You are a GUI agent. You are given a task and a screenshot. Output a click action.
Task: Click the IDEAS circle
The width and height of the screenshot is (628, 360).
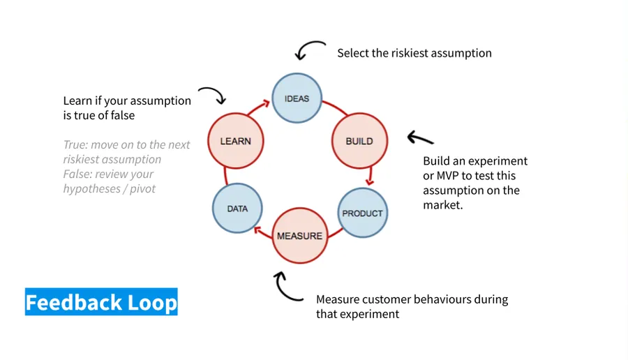tap(297, 98)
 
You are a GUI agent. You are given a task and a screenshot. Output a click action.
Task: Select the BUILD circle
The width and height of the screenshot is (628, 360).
tap(359, 141)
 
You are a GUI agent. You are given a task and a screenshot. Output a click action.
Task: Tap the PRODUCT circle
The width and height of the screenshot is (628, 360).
tap(363, 213)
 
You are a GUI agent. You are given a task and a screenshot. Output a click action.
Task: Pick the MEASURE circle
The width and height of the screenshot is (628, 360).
tap(300, 235)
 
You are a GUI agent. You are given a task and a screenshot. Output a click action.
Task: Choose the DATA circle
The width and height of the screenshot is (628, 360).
tap(237, 208)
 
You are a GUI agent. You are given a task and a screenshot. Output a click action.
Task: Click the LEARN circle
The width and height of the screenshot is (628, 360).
tap(236, 141)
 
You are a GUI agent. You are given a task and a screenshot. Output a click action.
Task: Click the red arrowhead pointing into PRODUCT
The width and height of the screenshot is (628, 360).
tap(370, 182)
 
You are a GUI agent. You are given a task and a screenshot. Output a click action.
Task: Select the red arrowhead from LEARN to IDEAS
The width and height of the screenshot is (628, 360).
tap(266, 104)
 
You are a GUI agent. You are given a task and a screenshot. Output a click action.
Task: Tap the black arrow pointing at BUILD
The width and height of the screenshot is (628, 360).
tap(420, 138)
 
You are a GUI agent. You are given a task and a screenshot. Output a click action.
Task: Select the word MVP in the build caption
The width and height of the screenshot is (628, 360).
tap(447, 175)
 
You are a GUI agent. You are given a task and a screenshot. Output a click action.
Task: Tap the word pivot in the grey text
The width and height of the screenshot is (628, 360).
tap(142, 188)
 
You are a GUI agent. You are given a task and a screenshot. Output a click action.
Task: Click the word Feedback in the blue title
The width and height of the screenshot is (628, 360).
tap(74, 302)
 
